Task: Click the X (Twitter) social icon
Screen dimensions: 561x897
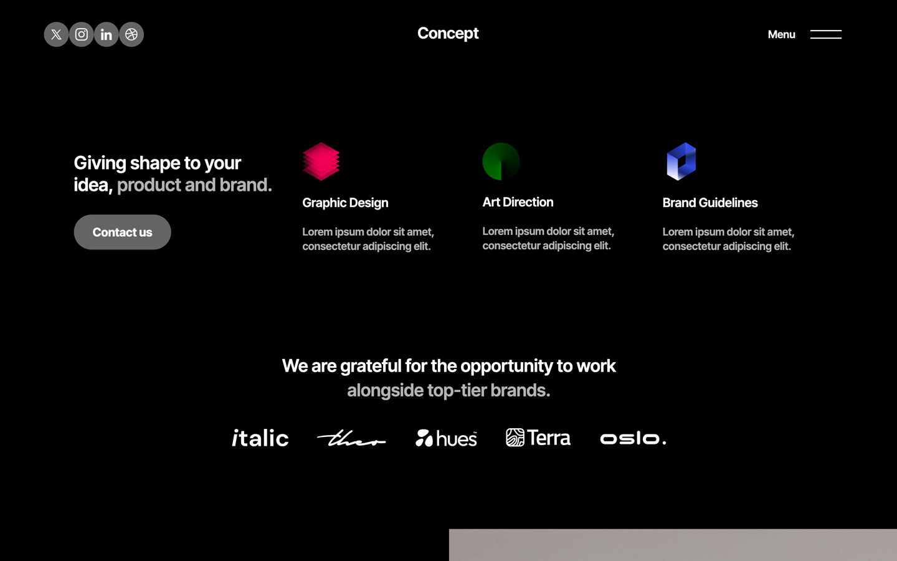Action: point(56,34)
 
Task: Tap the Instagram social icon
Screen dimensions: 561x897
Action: point(82,34)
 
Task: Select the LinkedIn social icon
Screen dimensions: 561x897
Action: point(107,34)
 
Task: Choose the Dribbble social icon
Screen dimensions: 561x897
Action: point(131,34)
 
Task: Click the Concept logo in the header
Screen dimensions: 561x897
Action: point(448,34)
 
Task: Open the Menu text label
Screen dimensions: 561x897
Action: point(781,35)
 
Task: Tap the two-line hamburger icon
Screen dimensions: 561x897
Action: point(825,34)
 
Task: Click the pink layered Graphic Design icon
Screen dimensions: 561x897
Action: point(321,161)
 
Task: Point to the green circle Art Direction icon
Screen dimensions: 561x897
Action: point(501,161)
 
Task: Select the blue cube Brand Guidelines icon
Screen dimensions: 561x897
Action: point(681,161)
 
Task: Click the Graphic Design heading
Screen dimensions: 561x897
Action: point(345,203)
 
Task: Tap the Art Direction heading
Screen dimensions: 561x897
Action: point(518,202)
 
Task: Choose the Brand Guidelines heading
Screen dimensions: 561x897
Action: point(710,203)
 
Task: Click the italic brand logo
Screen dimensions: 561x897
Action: point(260,438)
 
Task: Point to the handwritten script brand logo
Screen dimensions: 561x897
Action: point(351,439)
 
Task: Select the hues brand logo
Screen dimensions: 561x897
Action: point(446,438)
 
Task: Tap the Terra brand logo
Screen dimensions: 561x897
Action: point(538,438)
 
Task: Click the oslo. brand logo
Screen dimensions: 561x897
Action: point(633,439)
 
